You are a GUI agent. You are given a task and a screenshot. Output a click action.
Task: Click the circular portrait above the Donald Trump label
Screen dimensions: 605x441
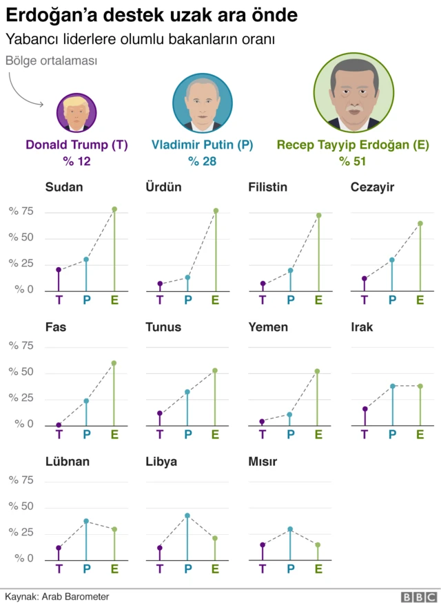click(x=76, y=112)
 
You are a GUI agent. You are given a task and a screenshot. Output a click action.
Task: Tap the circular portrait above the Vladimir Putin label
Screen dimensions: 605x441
click(x=202, y=103)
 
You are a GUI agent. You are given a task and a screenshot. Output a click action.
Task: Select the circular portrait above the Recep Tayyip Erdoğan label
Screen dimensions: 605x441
click(x=354, y=93)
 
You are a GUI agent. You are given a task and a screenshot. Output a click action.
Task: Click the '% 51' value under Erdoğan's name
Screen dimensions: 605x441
click(x=353, y=161)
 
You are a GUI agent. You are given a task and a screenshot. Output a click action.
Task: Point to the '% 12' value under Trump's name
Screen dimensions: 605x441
click(x=76, y=161)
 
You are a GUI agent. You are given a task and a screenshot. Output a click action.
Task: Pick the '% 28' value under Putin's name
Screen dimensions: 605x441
click(x=202, y=161)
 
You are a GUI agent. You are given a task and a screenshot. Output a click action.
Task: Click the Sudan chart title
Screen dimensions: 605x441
click(x=64, y=187)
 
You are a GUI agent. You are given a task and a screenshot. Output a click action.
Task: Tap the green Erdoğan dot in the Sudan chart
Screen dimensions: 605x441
click(x=114, y=209)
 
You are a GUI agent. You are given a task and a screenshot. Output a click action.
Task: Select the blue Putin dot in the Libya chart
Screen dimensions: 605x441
click(x=187, y=516)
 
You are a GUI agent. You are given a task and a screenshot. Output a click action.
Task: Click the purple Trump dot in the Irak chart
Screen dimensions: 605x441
click(x=365, y=409)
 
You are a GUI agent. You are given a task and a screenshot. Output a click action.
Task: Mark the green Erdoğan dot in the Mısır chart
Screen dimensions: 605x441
click(x=318, y=544)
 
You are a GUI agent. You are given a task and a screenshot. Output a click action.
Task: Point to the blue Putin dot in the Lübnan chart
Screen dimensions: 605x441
click(x=86, y=521)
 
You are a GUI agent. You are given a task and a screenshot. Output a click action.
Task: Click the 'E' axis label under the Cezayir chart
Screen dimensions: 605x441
click(x=420, y=300)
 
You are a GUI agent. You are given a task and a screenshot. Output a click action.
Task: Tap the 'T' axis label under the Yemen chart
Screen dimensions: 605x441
click(x=262, y=434)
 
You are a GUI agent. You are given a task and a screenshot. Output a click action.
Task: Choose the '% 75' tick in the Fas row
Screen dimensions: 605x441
click(x=20, y=346)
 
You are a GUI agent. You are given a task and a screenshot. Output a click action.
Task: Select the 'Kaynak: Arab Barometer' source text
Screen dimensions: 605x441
click(x=57, y=597)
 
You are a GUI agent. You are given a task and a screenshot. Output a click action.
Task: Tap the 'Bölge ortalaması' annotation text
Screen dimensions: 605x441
click(x=51, y=61)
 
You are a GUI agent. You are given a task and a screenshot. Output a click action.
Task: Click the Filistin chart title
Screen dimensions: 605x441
click(x=267, y=187)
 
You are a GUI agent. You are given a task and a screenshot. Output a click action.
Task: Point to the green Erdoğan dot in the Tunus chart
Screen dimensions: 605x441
click(x=215, y=370)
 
